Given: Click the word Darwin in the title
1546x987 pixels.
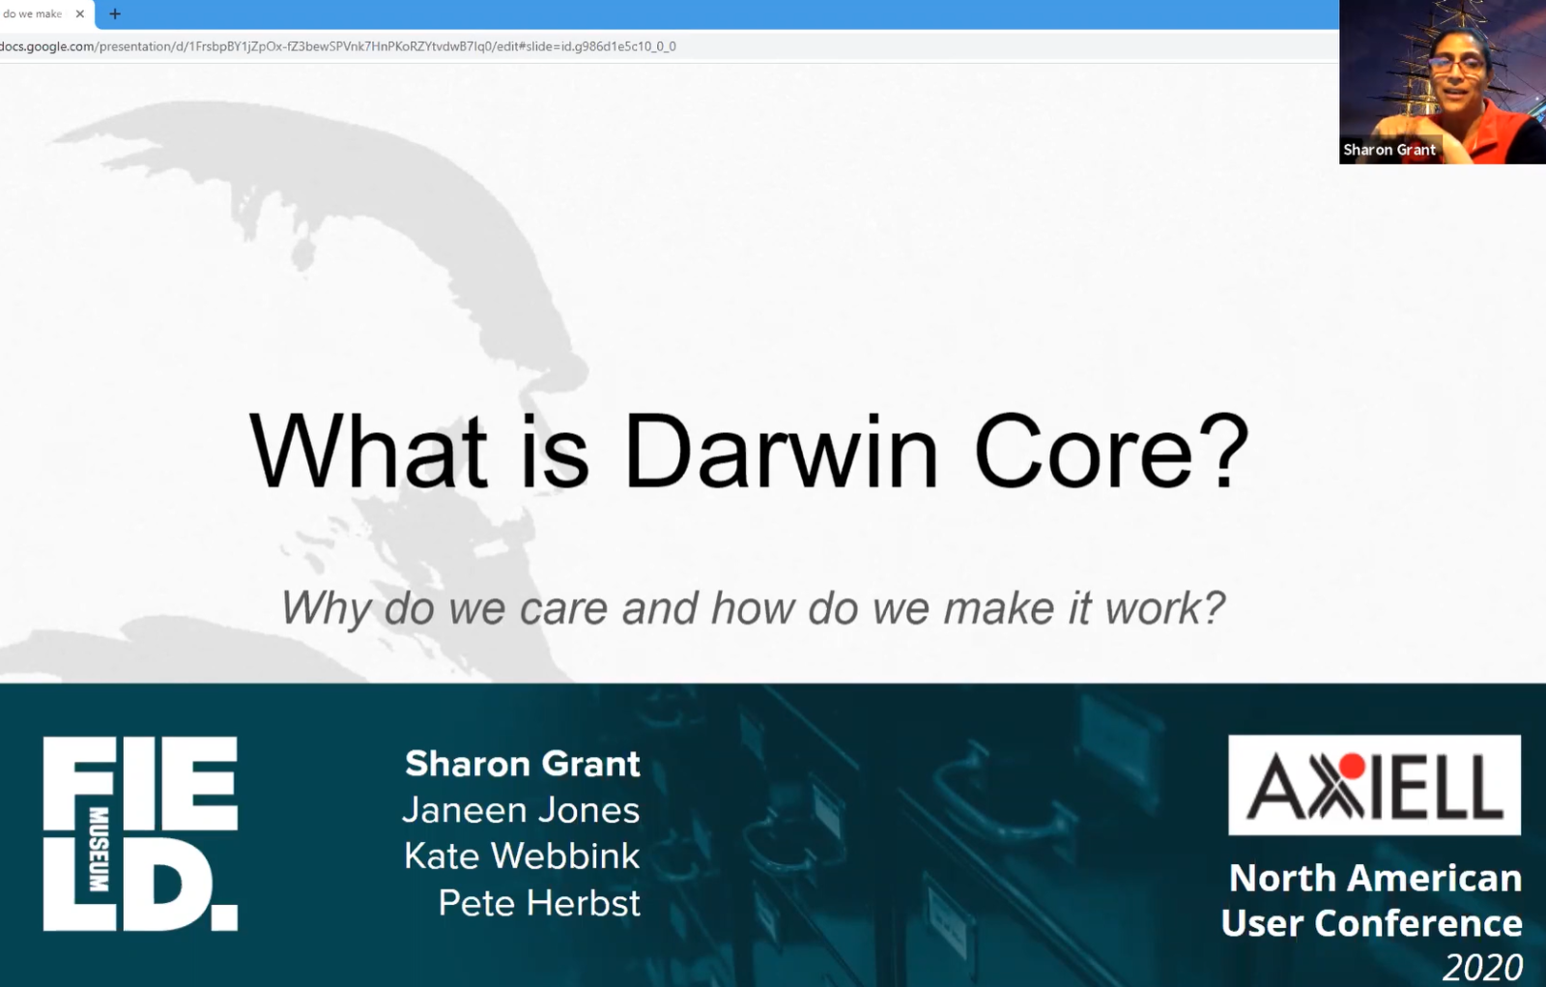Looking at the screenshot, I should tap(781, 452).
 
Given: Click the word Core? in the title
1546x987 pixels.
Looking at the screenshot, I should tap(1111, 452).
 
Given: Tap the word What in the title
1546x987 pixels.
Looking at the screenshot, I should tap(368, 452).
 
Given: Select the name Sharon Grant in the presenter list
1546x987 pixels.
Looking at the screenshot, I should tap(522, 764).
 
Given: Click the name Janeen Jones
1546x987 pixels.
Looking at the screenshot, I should tap(521, 810).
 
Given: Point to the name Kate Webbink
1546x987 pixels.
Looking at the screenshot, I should tap(522, 856).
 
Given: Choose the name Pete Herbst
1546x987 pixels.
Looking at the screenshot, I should tap(539, 903).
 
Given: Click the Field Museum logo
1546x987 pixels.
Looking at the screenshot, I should tap(140, 833).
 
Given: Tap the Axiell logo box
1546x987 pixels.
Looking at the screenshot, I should tap(1374, 785).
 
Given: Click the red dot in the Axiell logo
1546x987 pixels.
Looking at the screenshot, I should tap(1352, 767).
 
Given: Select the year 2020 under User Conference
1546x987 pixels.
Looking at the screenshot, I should tap(1482, 967).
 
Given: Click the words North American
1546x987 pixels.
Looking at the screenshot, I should tap(1375, 878).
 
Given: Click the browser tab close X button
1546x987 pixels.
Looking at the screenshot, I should tap(80, 14).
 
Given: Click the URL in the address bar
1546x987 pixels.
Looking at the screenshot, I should tap(338, 46).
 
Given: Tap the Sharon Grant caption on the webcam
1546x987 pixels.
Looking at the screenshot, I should tap(1389, 150).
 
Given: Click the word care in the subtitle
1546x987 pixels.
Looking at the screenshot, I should tap(563, 609).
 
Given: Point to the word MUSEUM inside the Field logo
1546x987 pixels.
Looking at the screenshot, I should tap(99, 849).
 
